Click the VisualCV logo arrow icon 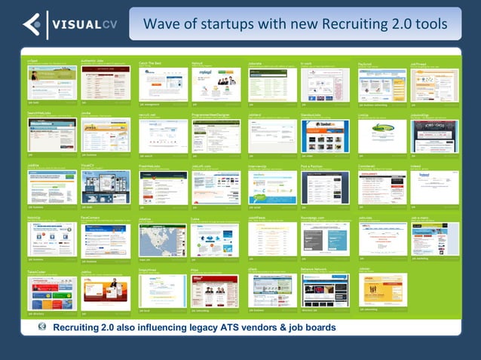[x=32, y=24]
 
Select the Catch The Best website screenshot [x=163, y=84]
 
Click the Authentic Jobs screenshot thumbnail [x=106, y=83]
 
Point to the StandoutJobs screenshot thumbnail [x=325, y=136]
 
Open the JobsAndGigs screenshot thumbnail [x=434, y=136]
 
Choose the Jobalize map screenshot [x=163, y=240]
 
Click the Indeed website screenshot [x=434, y=188]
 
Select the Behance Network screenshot [x=325, y=291]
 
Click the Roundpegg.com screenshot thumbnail [x=325, y=240]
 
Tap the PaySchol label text [x=367, y=65]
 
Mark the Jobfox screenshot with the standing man [x=106, y=291]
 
